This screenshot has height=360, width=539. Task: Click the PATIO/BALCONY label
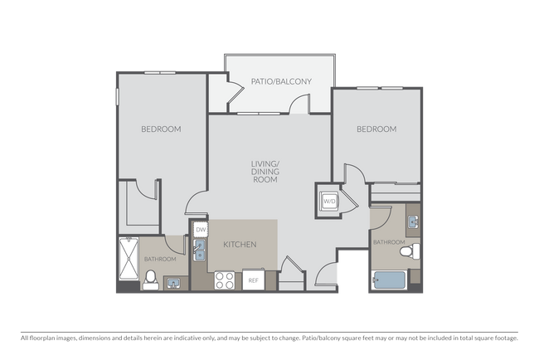point(281,81)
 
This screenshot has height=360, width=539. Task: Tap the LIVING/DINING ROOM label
point(265,172)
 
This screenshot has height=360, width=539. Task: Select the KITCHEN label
point(240,245)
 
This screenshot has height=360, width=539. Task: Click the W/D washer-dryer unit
point(329,201)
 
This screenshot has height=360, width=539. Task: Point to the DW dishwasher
point(201,229)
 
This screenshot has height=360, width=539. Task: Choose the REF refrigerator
point(253,280)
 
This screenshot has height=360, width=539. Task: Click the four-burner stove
point(225,280)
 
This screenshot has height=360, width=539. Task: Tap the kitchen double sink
point(199,251)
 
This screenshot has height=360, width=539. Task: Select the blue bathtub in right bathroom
point(390,280)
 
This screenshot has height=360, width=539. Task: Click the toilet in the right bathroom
point(410,251)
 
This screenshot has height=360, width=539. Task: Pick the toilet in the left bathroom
point(151,280)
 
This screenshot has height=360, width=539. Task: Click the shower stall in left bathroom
point(129,258)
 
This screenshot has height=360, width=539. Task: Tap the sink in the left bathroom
point(173,284)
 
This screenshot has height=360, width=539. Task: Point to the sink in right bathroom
point(413,221)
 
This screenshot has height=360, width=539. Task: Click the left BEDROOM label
point(161,129)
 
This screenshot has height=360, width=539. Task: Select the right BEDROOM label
point(376,129)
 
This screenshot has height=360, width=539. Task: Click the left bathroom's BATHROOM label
point(160,259)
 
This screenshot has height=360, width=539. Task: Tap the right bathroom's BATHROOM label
point(389,242)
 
